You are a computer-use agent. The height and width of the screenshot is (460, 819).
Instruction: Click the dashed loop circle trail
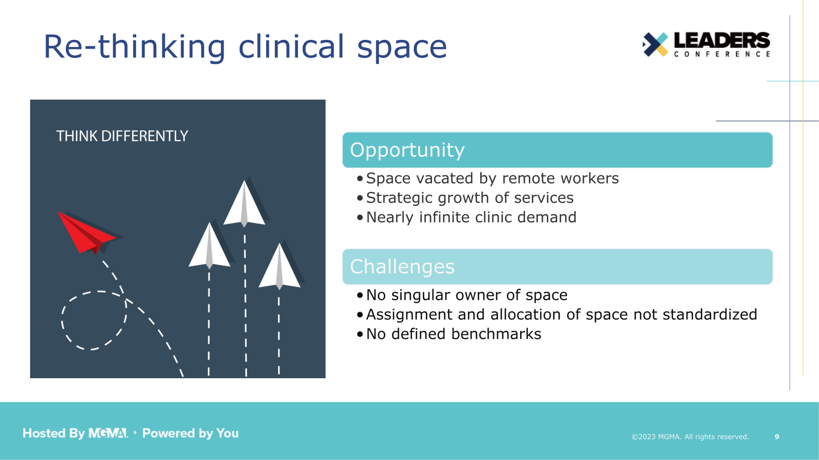94,320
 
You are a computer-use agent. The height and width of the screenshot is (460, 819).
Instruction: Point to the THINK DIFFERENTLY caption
122,136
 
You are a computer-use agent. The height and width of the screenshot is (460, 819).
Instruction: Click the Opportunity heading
407,150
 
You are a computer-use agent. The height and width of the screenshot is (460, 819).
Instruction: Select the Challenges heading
402,267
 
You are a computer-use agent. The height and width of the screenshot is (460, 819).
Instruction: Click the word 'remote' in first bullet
528,178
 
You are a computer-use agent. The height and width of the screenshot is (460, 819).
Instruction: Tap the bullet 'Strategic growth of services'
469,198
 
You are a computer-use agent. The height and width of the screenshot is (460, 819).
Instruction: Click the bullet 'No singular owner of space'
466,295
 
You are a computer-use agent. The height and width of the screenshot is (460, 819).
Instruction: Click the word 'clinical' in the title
291,47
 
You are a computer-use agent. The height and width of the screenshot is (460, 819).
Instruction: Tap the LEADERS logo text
721,40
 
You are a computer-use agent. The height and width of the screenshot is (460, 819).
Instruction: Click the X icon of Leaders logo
655,44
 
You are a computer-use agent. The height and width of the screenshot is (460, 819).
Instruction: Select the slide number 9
777,436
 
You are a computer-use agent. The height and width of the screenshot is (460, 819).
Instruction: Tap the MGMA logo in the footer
108,433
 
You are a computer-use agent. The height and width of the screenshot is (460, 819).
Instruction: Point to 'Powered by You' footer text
190,433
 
